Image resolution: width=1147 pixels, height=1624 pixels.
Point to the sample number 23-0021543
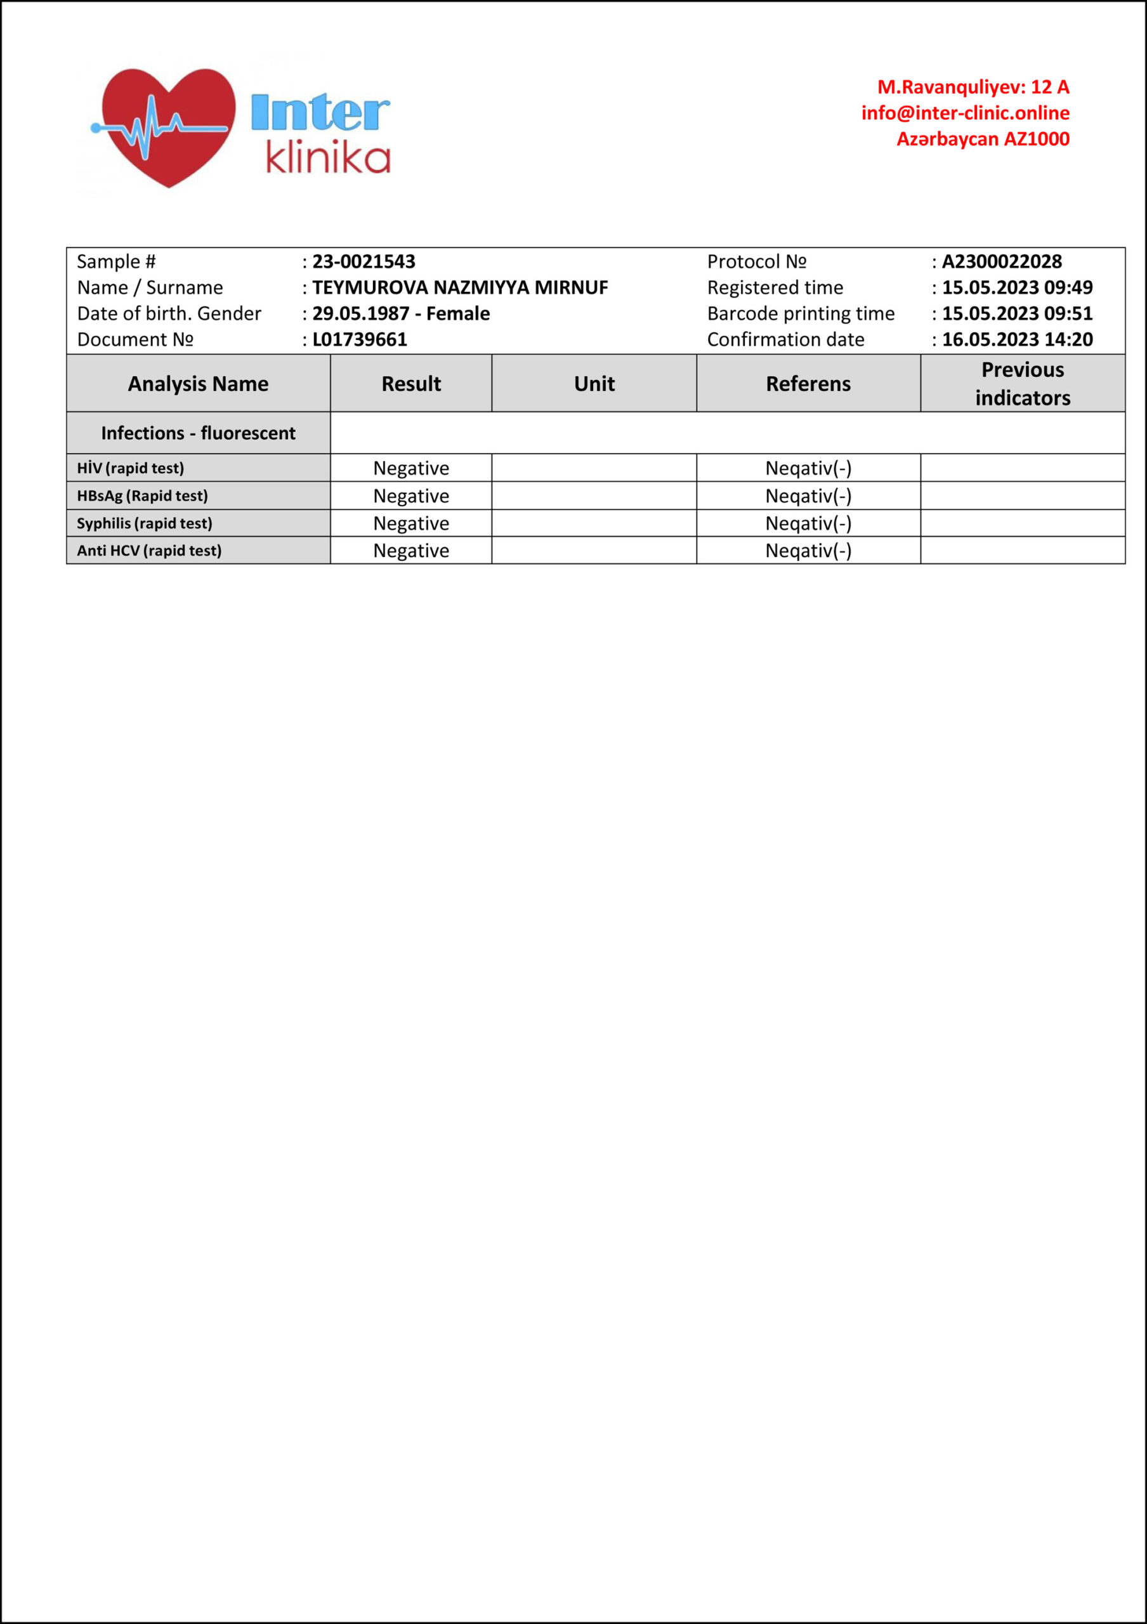[x=364, y=262]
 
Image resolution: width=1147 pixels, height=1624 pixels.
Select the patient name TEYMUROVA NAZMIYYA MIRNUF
[x=460, y=288]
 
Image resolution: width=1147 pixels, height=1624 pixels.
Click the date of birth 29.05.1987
[x=360, y=313]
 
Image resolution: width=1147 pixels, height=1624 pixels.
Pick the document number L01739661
[x=359, y=339]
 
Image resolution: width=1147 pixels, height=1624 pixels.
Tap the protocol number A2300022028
[x=1001, y=262]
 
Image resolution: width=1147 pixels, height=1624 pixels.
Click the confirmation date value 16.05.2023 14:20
[x=1017, y=339]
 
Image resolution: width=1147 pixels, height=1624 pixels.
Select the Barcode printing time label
[x=801, y=313]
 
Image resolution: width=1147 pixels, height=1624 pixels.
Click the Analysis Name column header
[x=198, y=383]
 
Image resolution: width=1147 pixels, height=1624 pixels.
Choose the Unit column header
[x=594, y=383]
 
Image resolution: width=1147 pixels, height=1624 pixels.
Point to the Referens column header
[x=808, y=383]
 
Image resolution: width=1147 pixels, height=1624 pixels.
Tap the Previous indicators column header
[x=1023, y=383]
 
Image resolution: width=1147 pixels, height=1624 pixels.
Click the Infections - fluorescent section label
[x=198, y=433]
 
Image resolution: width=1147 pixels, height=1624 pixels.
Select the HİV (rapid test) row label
[x=130, y=468]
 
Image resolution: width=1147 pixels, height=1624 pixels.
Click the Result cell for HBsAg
[x=411, y=496]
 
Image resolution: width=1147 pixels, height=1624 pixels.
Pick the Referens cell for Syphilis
[x=808, y=523]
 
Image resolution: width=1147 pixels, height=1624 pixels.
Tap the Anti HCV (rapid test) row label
[x=148, y=550]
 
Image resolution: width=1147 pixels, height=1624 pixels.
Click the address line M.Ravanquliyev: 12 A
[x=973, y=87]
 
